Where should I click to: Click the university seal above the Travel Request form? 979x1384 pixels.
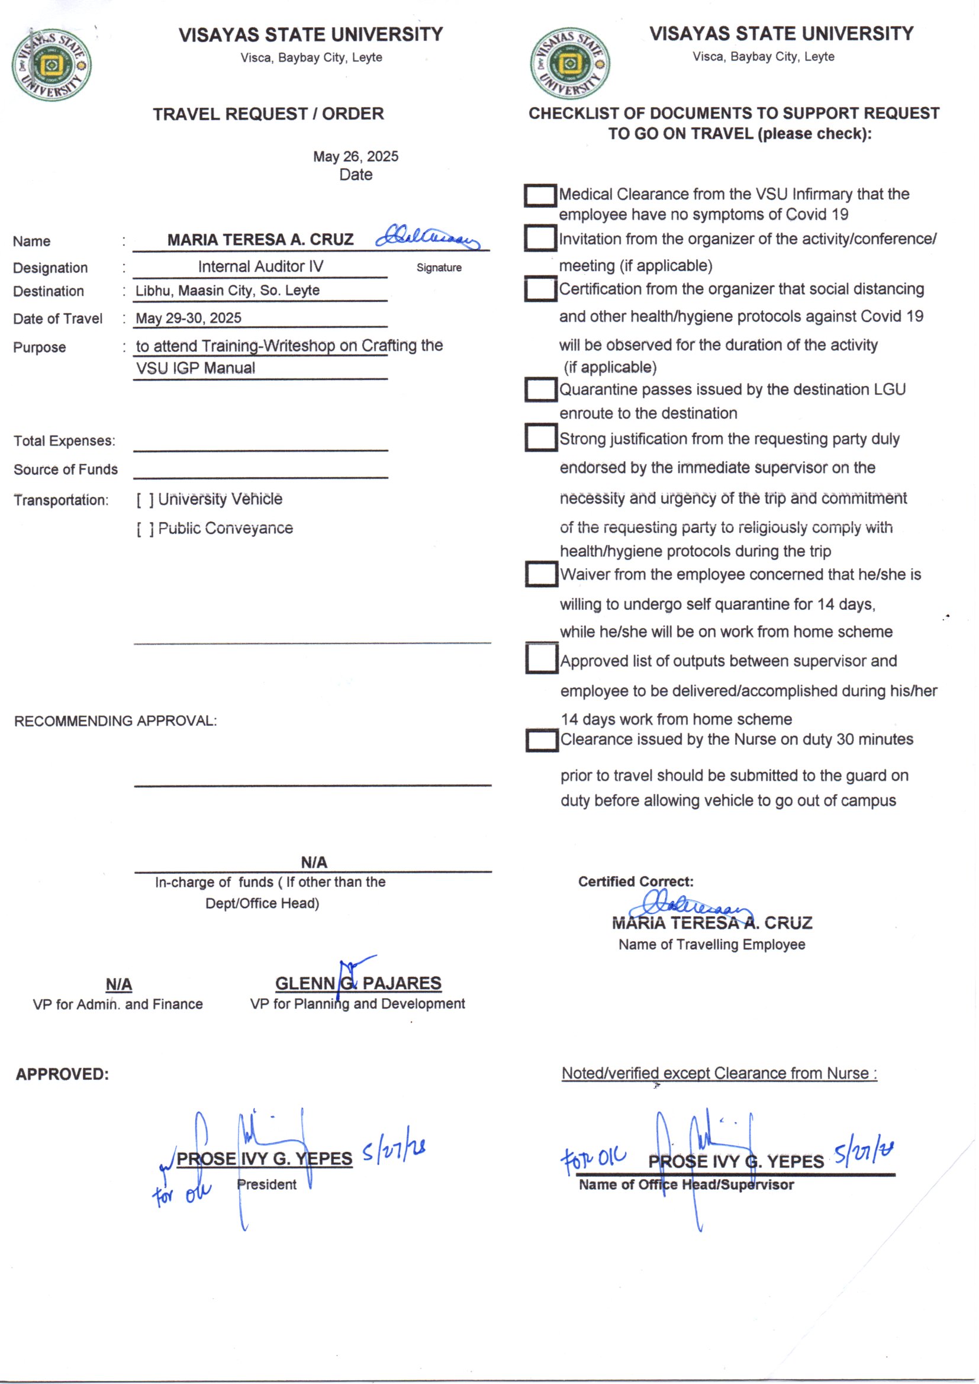click(x=51, y=65)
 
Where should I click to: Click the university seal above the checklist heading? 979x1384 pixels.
click(x=569, y=63)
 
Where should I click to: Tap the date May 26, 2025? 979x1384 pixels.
click(x=356, y=156)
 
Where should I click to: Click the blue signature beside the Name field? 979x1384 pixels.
click(x=427, y=236)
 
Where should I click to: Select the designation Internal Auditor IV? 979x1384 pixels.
click(x=260, y=266)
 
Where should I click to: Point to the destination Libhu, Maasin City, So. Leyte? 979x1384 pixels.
click(x=227, y=291)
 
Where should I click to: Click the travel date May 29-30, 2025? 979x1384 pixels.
click(x=188, y=318)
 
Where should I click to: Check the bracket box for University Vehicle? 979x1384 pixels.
click(x=144, y=500)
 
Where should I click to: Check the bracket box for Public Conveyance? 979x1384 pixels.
click(x=144, y=529)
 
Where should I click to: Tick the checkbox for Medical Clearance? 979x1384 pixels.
click(x=540, y=195)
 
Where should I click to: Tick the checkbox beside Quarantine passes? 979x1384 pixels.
click(x=540, y=390)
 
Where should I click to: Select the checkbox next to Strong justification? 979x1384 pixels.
click(x=540, y=437)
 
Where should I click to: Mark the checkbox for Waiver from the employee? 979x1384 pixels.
click(x=541, y=574)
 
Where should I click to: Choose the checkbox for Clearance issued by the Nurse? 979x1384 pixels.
click(x=542, y=741)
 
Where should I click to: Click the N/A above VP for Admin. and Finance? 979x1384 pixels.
click(x=119, y=984)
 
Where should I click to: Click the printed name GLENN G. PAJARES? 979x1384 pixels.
click(x=358, y=983)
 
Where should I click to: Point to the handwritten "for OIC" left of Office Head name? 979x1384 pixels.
click(x=592, y=1158)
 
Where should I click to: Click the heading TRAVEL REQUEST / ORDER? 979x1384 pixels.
click(x=268, y=114)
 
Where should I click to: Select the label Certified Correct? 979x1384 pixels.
click(x=635, y=881)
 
